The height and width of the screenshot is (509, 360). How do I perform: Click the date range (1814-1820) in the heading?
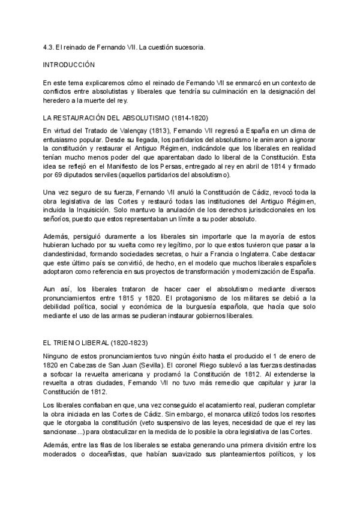181,118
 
